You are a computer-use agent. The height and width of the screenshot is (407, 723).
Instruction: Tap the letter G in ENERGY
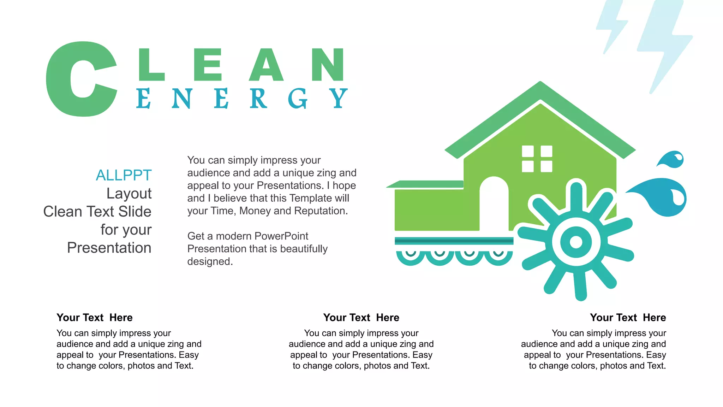tap(297, 99)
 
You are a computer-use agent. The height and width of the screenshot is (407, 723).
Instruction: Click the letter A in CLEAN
tap(266, 65)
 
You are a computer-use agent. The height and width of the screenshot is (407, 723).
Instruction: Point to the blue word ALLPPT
tap(124, 175)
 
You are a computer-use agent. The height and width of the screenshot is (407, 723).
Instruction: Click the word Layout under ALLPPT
tap(129, 194)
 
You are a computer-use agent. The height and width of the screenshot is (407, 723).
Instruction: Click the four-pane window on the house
tap(537, 159)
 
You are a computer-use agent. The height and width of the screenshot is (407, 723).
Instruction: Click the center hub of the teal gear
tap(576, 242)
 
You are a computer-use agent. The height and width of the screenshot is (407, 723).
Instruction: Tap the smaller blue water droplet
tap(673, 160)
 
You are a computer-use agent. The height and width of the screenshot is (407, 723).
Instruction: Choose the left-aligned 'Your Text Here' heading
tap(95, 318)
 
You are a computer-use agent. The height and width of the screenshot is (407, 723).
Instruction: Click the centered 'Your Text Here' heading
tap(361, 318)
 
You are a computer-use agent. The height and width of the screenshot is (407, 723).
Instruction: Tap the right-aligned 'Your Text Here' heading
tap(628, 318)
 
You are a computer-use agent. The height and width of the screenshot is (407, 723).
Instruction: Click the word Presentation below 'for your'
tap(109, 248)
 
